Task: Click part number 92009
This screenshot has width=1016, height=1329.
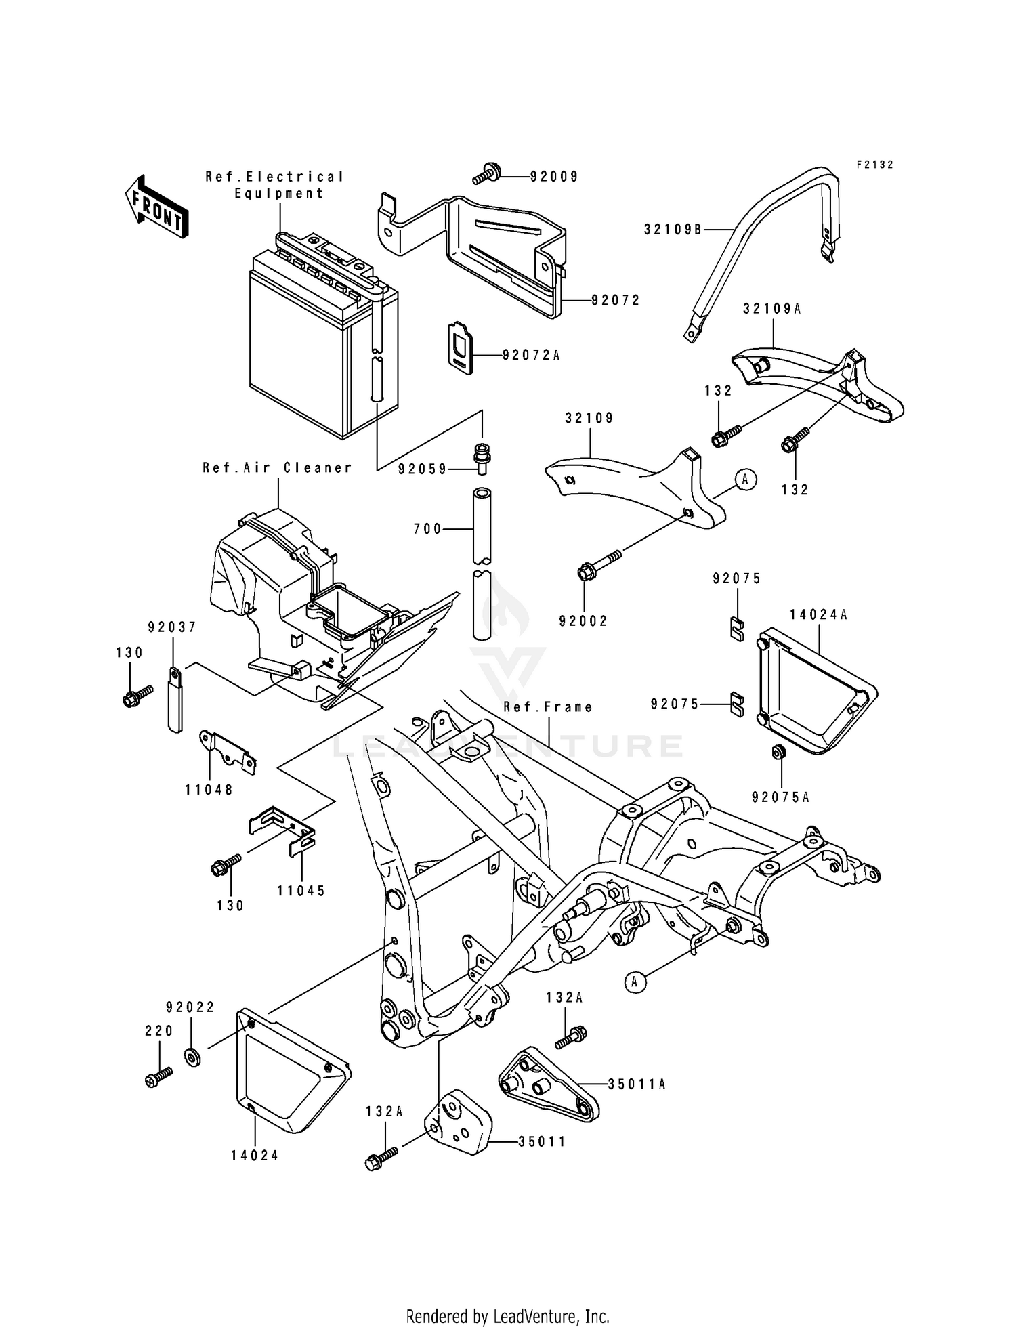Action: [x=554, y=177]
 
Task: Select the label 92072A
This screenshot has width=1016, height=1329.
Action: [x=531, y=355]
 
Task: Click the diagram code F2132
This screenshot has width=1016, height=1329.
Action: [x=874, y=165]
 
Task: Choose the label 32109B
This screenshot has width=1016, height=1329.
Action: [x=673, y=230]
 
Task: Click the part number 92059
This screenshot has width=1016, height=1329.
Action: [x=422, y=469]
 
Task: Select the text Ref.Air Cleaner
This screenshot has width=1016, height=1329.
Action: [x=278, y=467]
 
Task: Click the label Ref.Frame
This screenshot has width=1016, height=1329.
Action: [x=548, y=707]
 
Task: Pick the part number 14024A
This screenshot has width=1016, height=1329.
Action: [x=818, y=615]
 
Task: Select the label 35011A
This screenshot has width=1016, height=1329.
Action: [x=637, y=1084]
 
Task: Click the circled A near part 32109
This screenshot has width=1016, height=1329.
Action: [x=745, y=480]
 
